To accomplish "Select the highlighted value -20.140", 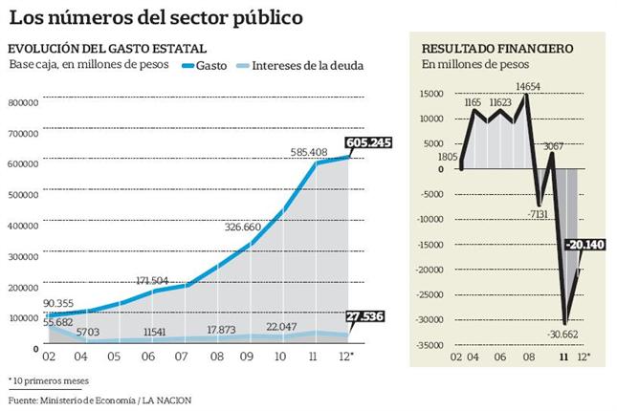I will point(584,244).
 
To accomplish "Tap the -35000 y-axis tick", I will point(430,347).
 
